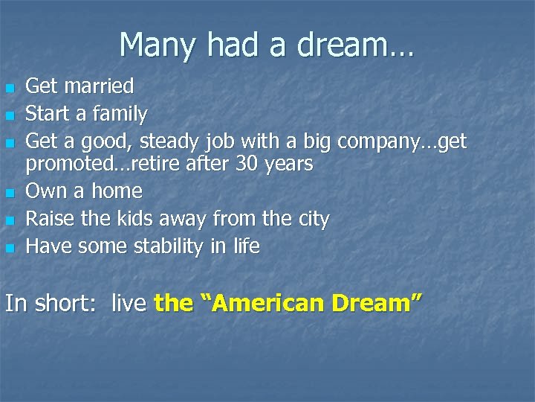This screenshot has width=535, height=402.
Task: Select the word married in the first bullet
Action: click(x=99, y=86)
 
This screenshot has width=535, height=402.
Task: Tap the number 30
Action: click(x=245, y=163)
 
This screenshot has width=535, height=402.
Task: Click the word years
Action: click(x=288, y=164)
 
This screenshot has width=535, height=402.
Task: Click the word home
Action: click(x=117, y=191)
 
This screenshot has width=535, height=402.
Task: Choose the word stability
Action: click(x=169, y=246)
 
